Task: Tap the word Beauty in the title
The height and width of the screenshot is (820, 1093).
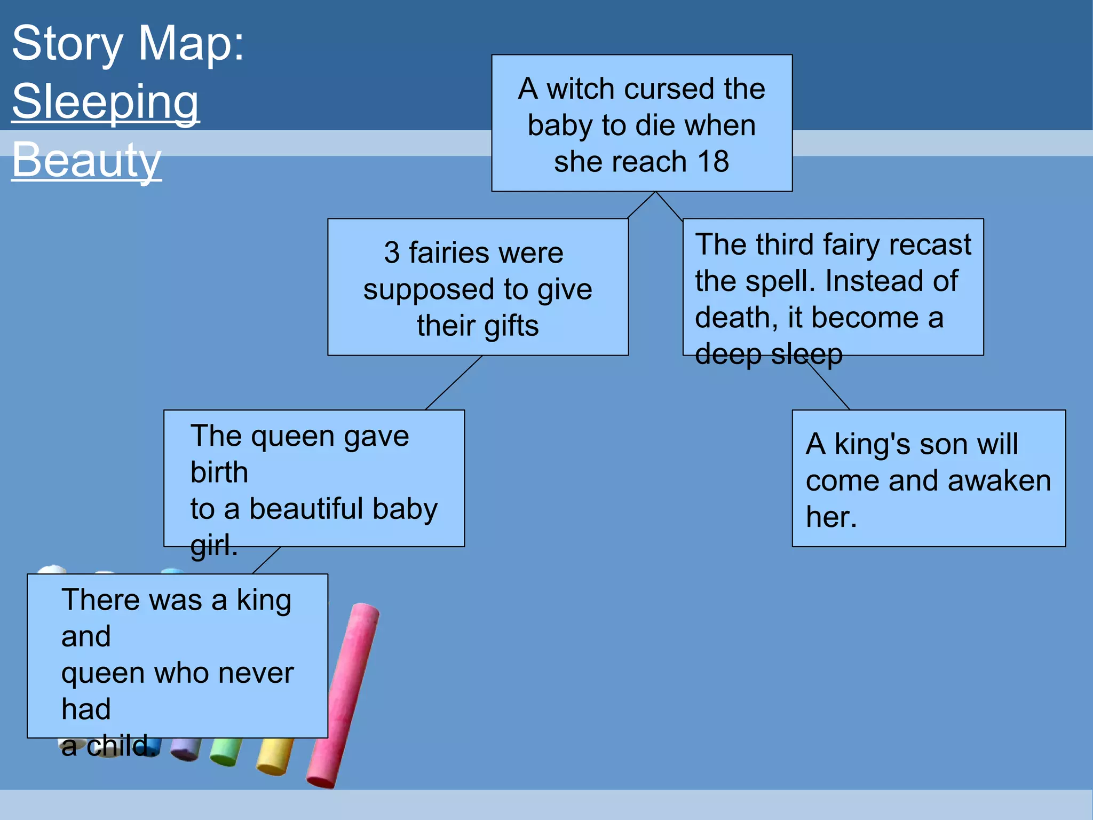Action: (86, 160)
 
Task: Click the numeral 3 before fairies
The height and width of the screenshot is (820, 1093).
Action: (392, 253)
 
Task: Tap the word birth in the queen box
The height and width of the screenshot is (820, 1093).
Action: (219, 472)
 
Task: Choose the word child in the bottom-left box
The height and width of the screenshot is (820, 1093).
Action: (118, 746)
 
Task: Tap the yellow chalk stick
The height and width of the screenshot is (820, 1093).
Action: (274, 755)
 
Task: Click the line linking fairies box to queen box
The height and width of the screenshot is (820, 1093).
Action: (454, 383)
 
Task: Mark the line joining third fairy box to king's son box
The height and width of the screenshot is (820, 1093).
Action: (828, 386)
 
